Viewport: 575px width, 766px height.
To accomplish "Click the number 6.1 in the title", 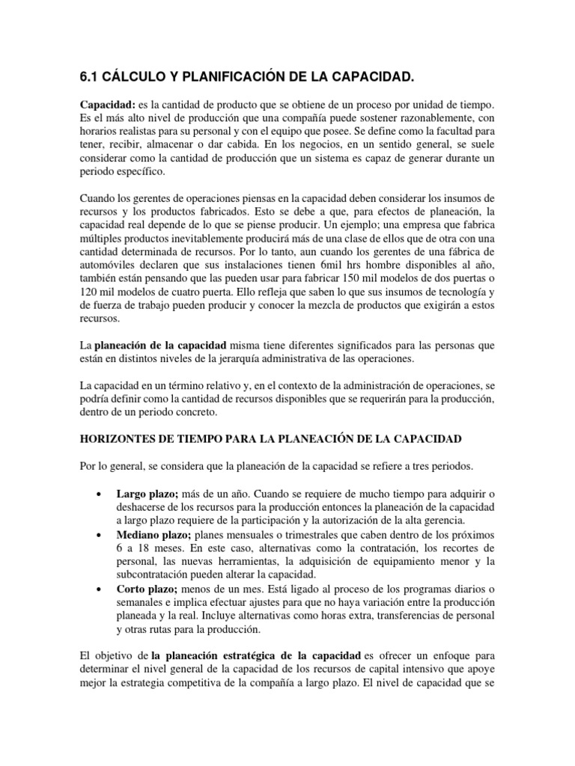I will pyautogui.click(x=90, y=76).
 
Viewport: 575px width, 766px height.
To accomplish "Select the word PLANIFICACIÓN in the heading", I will pyautogui.click(x=249, y=76).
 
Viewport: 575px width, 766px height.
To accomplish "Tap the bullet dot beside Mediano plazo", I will pyautogui.click(x=100, y=536).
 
